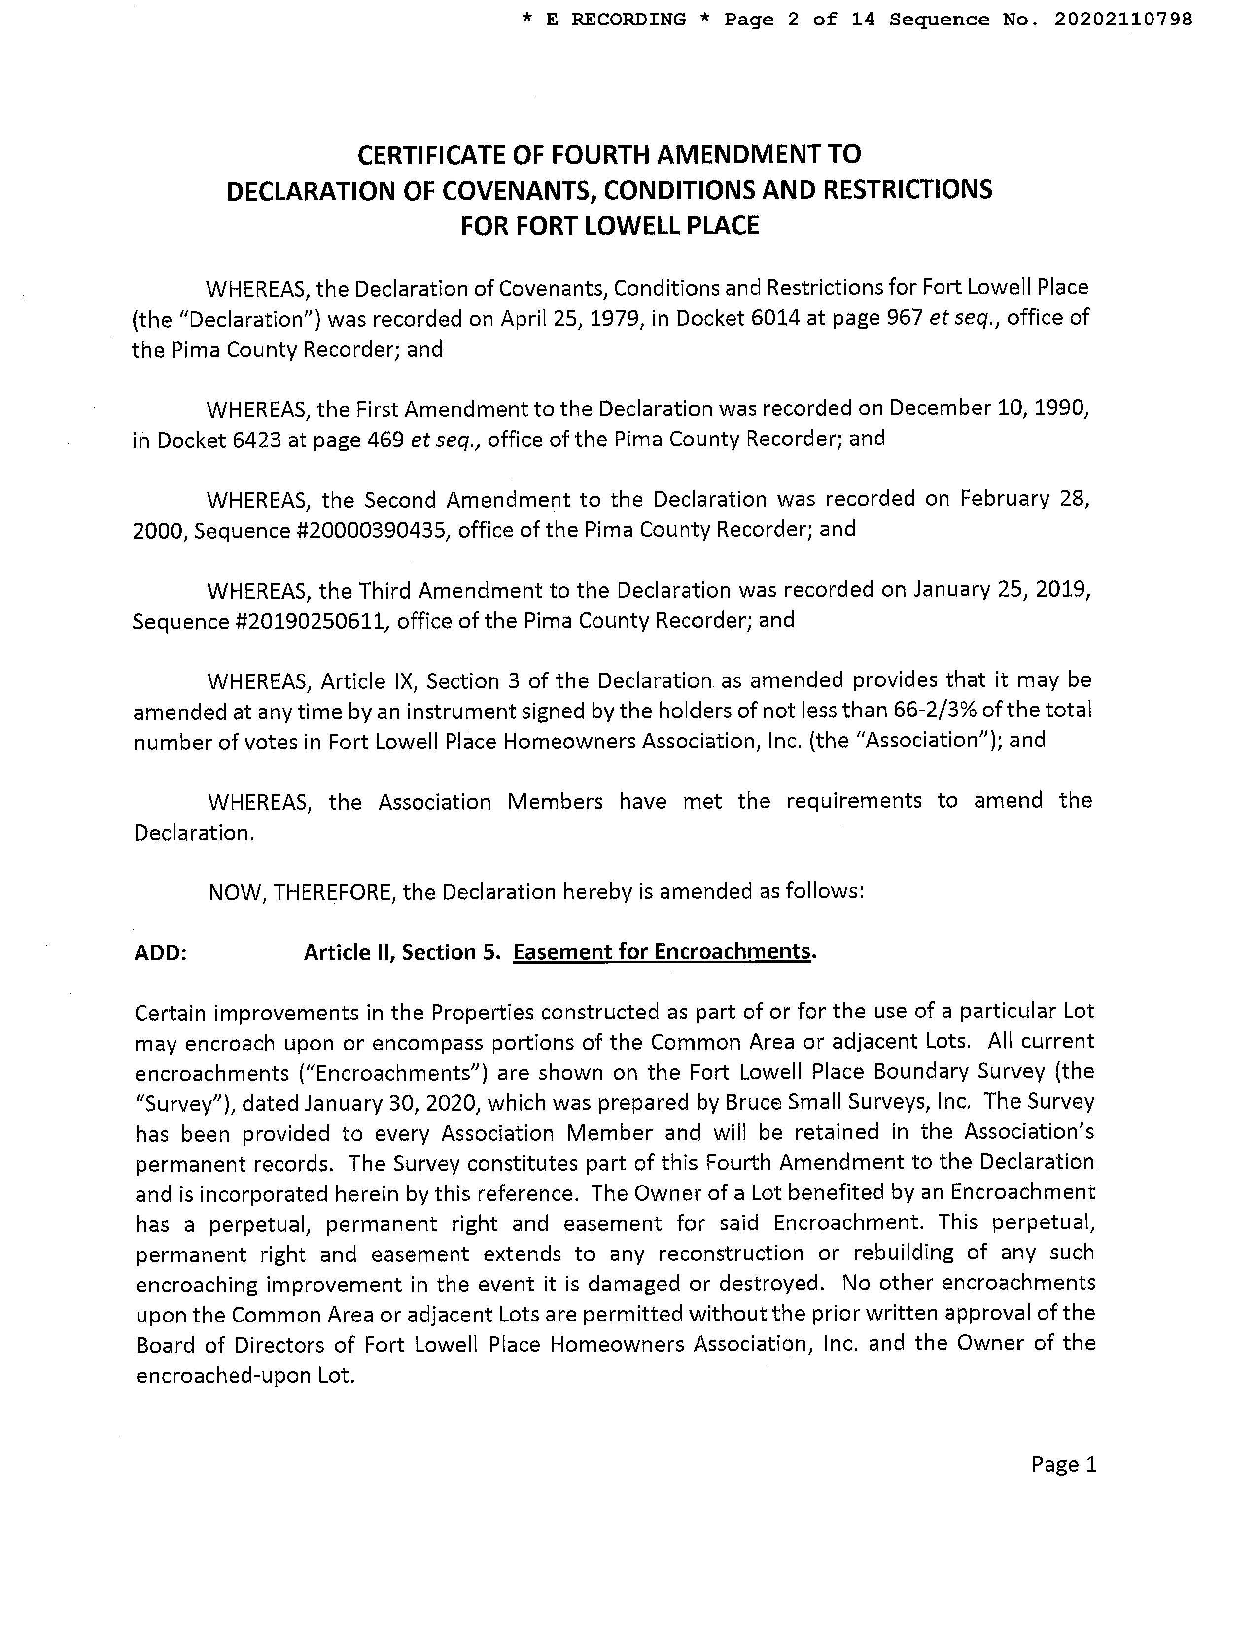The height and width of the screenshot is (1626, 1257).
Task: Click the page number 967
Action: coord(903,319)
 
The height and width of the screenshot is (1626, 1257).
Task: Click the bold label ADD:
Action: coord(161,953)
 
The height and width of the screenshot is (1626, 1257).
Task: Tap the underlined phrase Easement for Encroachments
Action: coord(661,952)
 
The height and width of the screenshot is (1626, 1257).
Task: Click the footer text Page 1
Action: coord(1063,1465)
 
